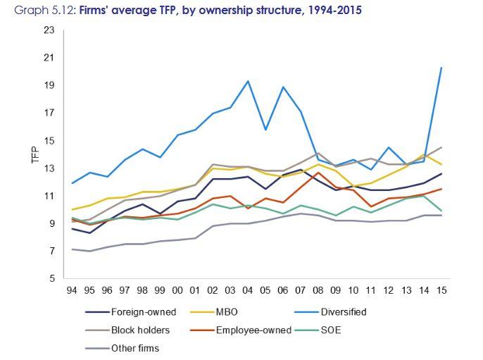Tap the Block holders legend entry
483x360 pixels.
click(x=139, y=330)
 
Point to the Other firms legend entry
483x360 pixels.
click(x=135, y=348)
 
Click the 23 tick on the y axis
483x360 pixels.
click(x=49, y=30)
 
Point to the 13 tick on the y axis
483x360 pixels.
click(x=49, y=168)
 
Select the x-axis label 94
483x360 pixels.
click(x=72, y=290)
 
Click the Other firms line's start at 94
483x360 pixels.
click(x=72, y=249)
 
